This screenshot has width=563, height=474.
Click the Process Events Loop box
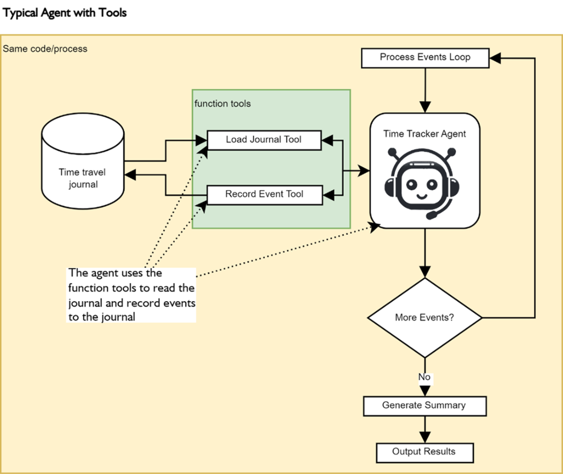pyautogui.click(x=425, y=57)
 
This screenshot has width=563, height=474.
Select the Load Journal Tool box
pyautogui.click(x=264, y=139)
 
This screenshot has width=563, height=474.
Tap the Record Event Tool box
pyautogui.click(x=264, y=195)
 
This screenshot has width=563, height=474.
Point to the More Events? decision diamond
pyautogui.click(x=424, y=318)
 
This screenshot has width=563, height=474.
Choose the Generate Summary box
pyautogui.click(x=424, y=406)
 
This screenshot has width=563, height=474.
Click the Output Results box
pyautogui.click(x=424, y=452)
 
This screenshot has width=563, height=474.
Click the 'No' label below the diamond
pyautogui.click(x=424, y=378)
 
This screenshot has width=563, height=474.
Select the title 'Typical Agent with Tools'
pyautogui.click(x=64, y=13)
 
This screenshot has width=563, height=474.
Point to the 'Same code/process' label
pyautogui.click(x=45, y=49)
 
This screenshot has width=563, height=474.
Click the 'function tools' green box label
pyautogui.click(x=223, y=104)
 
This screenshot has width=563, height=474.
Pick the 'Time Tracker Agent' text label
pyautogui.click(x=425, y=134)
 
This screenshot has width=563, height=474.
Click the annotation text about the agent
pyautogui.click(x=132, y=295)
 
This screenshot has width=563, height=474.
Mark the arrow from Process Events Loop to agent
pyautogui.click(x=425, y=90)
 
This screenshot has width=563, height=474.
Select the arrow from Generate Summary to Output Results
pyautogui.click(x=424, y=429)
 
